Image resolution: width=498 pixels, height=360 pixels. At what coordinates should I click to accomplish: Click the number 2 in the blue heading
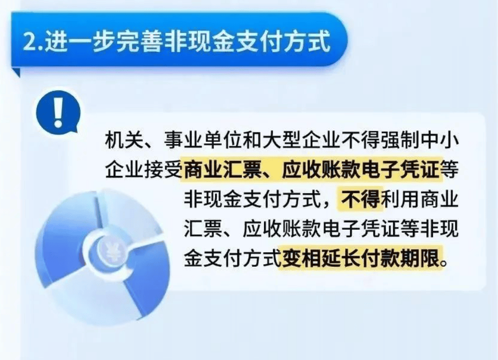30,42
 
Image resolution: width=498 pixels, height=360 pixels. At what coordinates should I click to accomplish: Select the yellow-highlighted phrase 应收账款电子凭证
360,170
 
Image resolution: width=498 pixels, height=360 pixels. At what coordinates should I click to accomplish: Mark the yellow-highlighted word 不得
361,200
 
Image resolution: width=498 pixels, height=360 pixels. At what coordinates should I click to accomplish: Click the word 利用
400,200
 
